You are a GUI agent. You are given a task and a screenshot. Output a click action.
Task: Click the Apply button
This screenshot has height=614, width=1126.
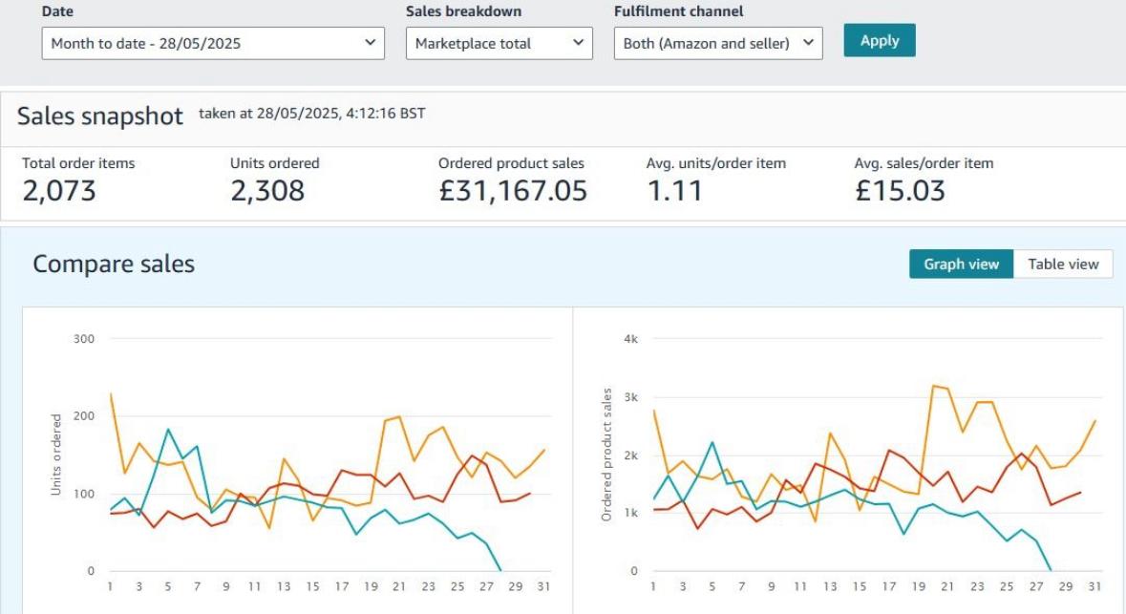point(879,40)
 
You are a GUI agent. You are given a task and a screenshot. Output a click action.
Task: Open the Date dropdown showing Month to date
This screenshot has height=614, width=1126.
point(213,43)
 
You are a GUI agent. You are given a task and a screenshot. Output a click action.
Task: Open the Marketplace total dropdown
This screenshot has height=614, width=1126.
point(499,43)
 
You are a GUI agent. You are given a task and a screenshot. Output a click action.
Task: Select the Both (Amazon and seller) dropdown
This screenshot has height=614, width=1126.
point(717,43)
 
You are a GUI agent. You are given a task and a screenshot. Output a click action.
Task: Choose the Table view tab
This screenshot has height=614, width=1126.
point(1063,265)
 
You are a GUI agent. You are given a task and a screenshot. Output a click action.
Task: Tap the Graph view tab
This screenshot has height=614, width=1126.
point(961,265)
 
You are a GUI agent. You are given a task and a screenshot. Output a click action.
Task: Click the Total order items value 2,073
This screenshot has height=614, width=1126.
point(59,191)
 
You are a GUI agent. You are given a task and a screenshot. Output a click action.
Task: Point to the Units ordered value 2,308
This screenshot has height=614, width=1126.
point(267,191)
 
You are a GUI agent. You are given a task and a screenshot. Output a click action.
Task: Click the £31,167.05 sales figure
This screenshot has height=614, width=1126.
point(513,191)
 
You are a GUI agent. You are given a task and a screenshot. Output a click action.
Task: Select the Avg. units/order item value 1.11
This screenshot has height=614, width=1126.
point(674,191)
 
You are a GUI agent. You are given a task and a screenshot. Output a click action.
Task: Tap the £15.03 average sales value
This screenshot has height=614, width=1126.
point(900,191)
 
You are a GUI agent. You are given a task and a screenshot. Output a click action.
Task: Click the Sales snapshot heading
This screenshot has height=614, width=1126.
point(100,116)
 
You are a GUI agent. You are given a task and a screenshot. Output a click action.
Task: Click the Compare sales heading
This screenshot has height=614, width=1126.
point(114,265)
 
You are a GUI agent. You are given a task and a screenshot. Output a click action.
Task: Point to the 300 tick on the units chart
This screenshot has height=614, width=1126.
point(84,338)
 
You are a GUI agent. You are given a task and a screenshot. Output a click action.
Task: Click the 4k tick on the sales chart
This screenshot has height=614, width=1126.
point(629,338)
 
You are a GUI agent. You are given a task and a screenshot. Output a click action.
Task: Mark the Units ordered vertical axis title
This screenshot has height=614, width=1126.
point(56,455)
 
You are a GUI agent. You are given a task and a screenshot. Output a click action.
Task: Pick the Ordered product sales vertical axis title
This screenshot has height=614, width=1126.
point(606,455)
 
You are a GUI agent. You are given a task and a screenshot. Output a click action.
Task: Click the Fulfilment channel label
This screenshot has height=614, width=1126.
point(678,11)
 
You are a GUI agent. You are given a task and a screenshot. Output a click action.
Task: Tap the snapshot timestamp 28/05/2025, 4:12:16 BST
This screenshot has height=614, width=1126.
point(312,114)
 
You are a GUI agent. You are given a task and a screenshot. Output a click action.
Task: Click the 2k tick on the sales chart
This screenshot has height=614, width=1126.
point(629,455)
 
